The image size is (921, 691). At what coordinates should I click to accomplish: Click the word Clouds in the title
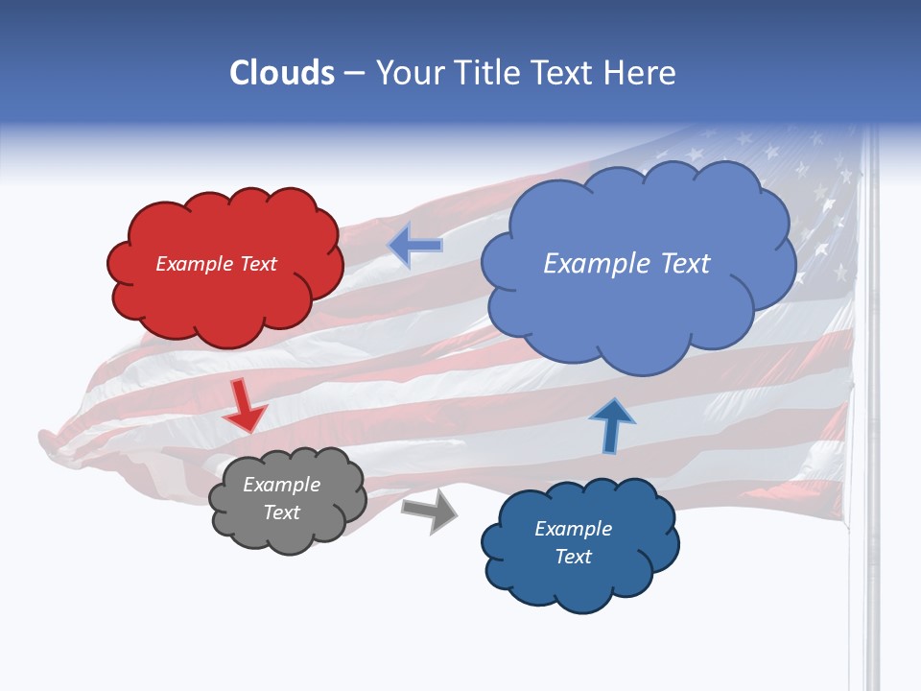pos(282,73)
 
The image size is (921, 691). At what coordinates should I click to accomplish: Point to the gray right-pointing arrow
pos(430,511)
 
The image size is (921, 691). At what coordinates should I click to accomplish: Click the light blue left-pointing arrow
pos(415,246)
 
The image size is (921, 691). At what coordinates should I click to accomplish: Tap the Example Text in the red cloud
pos(216,264)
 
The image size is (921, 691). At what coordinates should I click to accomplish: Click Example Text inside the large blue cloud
pos(626,264)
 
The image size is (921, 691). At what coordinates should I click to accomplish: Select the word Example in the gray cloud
pos(281,485)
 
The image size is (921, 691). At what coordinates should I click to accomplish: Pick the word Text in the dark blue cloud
pos(573,557)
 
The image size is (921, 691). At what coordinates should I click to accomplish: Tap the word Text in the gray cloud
pos(281,512)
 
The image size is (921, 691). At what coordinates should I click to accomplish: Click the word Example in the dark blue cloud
pos(573,529)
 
